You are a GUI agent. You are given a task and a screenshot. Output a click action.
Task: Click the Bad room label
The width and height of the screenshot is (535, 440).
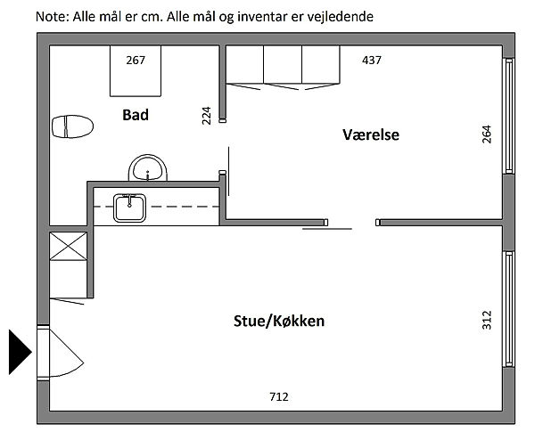tap(136, 115)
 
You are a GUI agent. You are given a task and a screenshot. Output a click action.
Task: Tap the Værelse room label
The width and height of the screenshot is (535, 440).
tap(371, 134)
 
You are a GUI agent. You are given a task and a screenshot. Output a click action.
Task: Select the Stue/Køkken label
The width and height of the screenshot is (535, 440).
tap(279, 321)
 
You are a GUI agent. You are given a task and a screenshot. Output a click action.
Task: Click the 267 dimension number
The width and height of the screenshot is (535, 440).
tap(136, 61)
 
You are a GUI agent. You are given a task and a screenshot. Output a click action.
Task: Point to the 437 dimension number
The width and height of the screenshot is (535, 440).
tap(372, 61)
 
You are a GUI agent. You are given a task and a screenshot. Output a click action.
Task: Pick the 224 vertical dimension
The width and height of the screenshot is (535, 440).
tap(207, 116)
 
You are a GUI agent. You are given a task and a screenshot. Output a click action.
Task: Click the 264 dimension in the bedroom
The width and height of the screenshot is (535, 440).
tap(487, 134)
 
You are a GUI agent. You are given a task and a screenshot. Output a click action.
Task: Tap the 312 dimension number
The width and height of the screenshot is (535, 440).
tap(487, 320)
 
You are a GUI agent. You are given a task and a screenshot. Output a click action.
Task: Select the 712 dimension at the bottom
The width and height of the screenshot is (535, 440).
tap(279, 396)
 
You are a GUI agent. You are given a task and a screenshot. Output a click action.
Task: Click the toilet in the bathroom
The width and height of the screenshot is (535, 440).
tap(72, 126)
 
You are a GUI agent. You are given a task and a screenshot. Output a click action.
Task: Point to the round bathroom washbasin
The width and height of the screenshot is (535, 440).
tap(148, 167)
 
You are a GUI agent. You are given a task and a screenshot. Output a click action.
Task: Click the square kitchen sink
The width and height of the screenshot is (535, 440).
tap(129, 208)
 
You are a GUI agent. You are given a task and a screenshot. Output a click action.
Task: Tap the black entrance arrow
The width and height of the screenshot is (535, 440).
tap(20, 352)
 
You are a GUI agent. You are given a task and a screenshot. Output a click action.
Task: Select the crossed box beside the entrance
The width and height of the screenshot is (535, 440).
tap(69, 247)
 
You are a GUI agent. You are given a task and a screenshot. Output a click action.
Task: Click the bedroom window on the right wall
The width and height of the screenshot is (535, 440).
tap(509, 116)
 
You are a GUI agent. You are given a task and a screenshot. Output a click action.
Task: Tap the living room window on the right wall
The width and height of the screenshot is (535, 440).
tap(509, 309)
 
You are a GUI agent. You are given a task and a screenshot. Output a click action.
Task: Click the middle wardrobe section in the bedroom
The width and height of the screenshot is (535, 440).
tap(283, 64)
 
